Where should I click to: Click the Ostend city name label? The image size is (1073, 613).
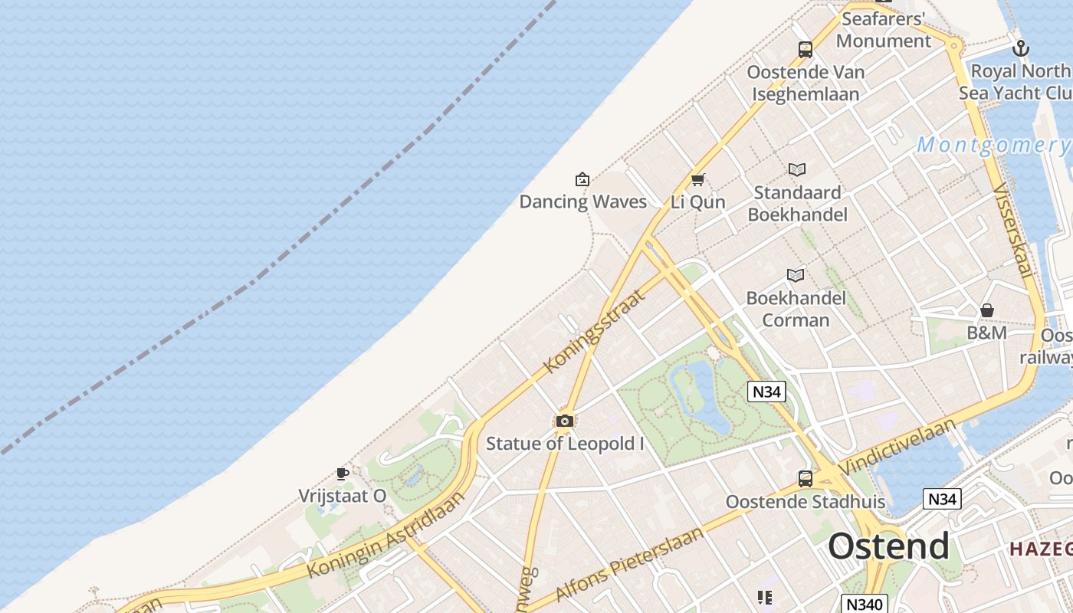coord(888,546)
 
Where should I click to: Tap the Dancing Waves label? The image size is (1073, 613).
coord(582,202)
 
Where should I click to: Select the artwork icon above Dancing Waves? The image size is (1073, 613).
coord(582,180)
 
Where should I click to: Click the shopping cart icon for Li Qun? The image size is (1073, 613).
coord(697,180)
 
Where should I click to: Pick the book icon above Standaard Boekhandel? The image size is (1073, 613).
coord(797,169)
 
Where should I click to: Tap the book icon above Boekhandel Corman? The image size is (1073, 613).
coord(796,275)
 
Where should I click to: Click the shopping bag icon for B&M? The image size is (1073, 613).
coord(987,310)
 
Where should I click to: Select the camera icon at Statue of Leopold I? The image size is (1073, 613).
coord(565,421)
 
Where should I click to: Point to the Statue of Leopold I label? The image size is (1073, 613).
coord(565,443)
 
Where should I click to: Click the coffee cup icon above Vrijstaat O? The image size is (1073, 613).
coord(343,474)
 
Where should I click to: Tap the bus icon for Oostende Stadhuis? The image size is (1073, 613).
coord(806,479)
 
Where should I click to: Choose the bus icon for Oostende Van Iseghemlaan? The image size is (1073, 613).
coord(806,50)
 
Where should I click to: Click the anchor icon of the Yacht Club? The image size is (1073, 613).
coord(1021,49)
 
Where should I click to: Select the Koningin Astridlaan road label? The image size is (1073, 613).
coord(386,536)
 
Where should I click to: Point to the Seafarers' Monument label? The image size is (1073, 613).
coord(884,29)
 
